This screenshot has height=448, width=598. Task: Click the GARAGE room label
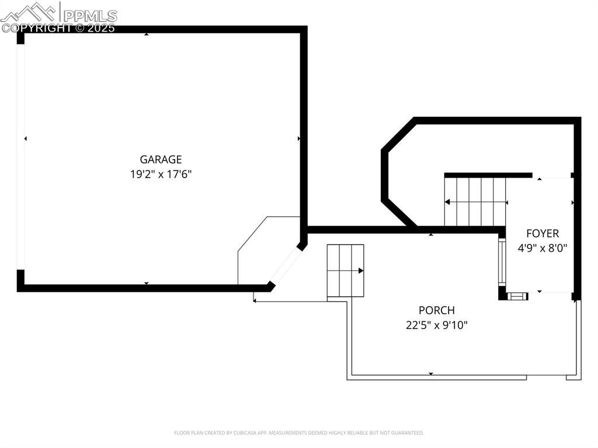pos(161,159)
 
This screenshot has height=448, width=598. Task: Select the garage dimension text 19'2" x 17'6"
pos(161,174)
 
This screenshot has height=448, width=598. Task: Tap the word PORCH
pos(436,310)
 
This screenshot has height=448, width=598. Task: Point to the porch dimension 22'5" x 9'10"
pos(436,325)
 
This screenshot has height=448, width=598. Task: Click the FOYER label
pos(542,234)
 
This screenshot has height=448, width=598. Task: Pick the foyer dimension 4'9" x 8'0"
pos(542,248)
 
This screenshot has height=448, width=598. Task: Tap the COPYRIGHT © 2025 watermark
pos(58,27)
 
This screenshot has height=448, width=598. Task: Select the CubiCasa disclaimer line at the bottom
pos(298,433)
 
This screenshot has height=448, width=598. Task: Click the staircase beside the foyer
pos(475,202)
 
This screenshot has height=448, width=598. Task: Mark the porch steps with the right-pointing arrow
pos(345,270)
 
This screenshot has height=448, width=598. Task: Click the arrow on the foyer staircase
pos(448,202)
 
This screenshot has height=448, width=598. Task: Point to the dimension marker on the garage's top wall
pos(146,34)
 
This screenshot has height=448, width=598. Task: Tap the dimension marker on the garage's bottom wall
pos(146,284)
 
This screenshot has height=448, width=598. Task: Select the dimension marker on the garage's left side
pos(26,138)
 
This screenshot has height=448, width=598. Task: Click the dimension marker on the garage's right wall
pos(299,138)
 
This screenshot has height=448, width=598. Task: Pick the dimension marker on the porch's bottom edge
pos(431,373)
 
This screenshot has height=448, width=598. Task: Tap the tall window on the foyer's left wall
pos(501,261)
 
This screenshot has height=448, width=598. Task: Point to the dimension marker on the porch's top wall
pos(431,234)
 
